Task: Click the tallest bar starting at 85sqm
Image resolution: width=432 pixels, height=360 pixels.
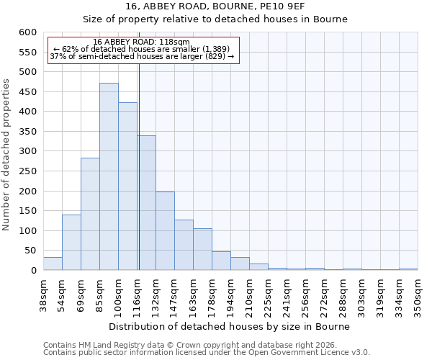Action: pyautogui.click(x=109, y=176)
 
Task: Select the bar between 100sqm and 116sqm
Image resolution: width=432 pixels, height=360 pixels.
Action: pyautogui.click(x=127, y=186)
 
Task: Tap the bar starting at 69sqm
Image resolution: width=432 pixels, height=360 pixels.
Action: pyautogui.click(x=90, y=214)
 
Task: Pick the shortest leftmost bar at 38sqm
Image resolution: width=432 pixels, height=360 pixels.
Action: pyautogui.click(x=53, y=264)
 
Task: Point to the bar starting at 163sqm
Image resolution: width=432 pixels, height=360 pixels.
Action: pyautogui.click(x=202, y=249)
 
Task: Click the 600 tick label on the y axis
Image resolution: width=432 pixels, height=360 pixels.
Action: pyautogui.click(x=27, y=32)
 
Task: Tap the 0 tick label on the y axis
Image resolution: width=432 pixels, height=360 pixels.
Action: pyautogui.click(x=33, y=271)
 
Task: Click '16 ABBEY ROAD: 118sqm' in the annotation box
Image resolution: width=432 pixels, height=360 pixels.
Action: pyautogui.click(x=142, y=42)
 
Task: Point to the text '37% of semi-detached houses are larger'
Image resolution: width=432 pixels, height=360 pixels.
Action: pyautogui.click(x=142, y=56)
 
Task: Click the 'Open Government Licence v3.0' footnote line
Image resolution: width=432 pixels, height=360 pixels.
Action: pyautogui.click(x=207, y=352)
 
